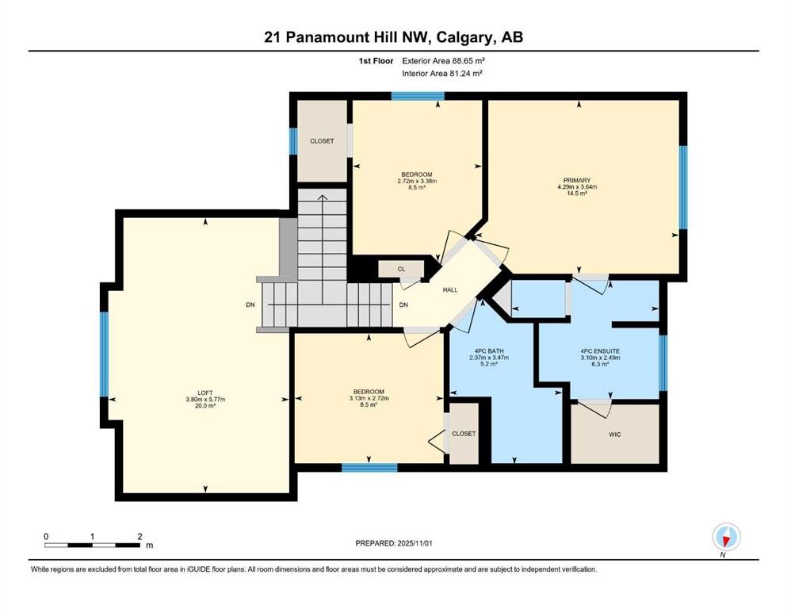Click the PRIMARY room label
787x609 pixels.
[576, 180]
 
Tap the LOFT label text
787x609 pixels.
[205, 392]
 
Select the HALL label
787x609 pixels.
[450, 290]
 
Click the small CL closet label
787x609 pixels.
[401, 270]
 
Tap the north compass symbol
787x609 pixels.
[726, 538]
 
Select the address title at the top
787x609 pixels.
[393, 37]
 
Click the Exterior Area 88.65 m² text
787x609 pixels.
[442, 59]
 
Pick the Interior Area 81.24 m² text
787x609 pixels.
[442, 73]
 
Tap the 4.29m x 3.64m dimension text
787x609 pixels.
[576, 187]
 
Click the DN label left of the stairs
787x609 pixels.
[250, 304]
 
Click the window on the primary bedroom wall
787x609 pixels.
[682, 187]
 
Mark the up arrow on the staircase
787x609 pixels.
[322, 197]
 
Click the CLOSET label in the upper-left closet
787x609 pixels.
[322, 141]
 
